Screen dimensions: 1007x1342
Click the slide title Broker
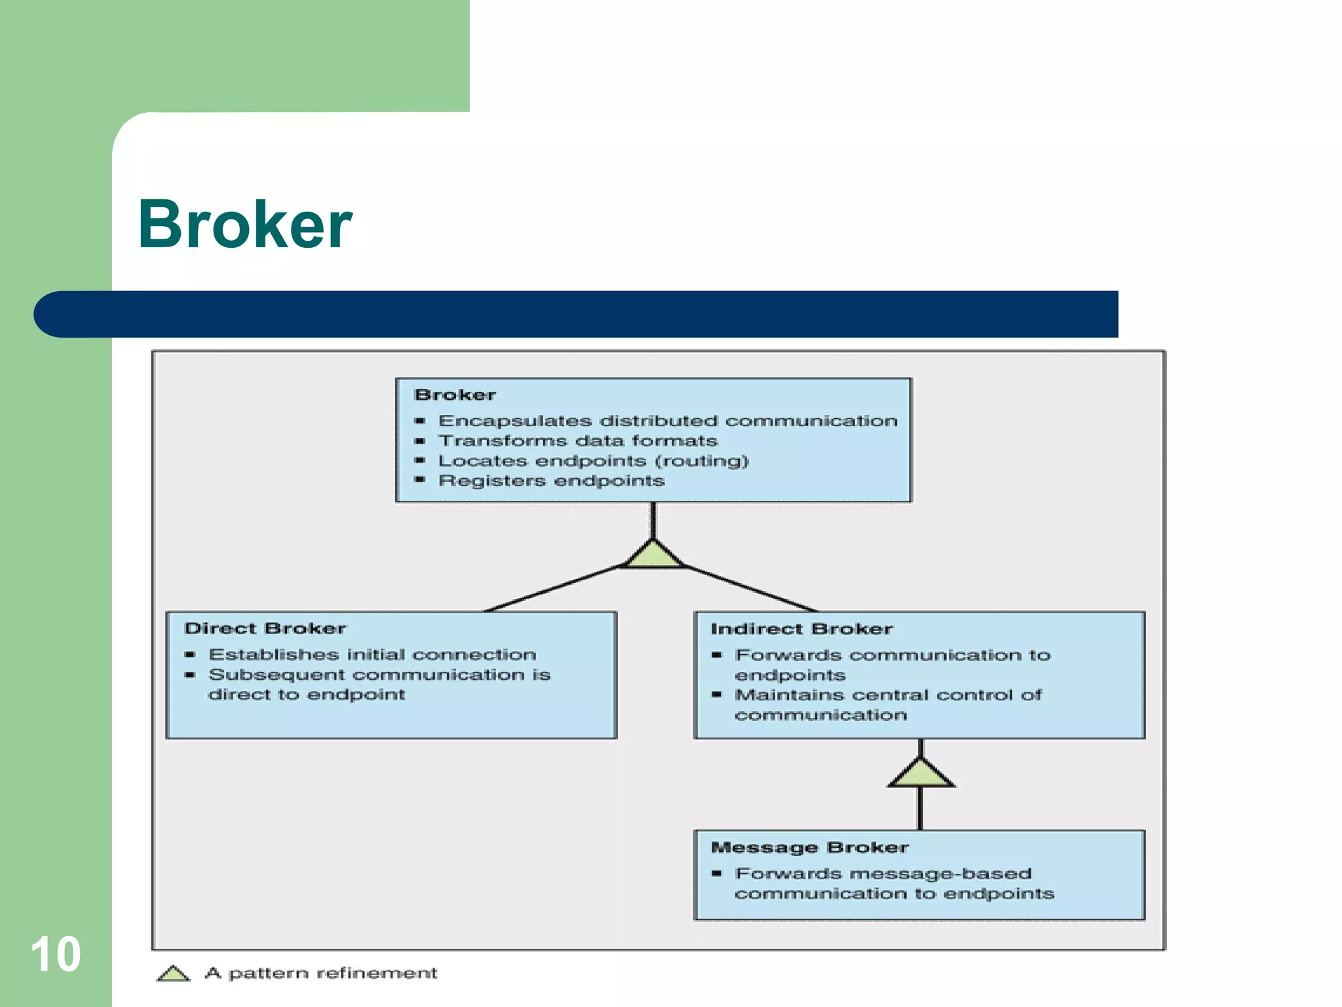pyautogui.click(x=245, y=225)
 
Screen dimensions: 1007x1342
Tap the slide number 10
pyautogui.click(x=56, y=955)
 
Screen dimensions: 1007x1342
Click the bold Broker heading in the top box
pyautogui.click(x=455, y=395)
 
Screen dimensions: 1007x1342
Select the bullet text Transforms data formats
pyautogui.click(x=577, y=441)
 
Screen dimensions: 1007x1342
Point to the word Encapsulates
pyautogui.click(x=514, y=421)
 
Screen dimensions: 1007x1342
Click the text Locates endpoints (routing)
pyautogui.click(x=593, y=461)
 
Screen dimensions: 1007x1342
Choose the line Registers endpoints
pyautogui.click(x=551, y=481)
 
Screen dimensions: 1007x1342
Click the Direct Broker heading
pyautogui.click(x=265, y=628)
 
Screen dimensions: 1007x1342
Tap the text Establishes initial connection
pyautogui.click(x=372, y=654)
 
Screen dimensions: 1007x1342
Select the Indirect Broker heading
pyautogui.click(x=801, y=629)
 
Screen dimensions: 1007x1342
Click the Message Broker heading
pyautogui.click(x=809, y=847)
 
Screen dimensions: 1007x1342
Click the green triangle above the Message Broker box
pyautogui.click(x=921, y=774)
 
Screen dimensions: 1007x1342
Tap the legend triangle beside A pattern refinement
pyautogui.click(x=173, y=974)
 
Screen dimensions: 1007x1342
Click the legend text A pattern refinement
pyautogui.click(x=321, y=973)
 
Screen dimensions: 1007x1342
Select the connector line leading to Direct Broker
pyautogui.click(x=554, y=588)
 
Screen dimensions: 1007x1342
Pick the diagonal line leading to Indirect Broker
pyautogui.click(x=750, y=588)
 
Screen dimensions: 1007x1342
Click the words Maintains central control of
pyautogui.click(x=888, y=695)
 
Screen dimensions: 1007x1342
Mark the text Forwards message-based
pyautogui.click(x=883, y=873)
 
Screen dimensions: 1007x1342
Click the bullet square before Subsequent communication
pyautogui.click(x=190, y=675)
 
